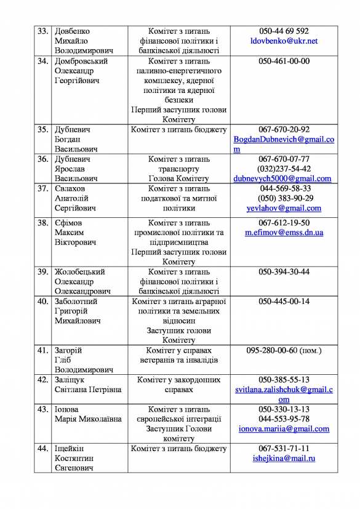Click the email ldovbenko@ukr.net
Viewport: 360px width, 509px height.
click(284, 41)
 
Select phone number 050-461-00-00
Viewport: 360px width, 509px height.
click(284, 61)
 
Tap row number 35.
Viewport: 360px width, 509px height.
click(42, 129)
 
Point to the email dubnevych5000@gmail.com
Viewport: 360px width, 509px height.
click(284, 178)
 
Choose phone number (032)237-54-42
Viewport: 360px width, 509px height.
click(284, 169)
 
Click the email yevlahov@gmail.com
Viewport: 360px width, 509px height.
click(284, 208)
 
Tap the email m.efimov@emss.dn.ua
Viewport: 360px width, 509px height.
click(284, 233)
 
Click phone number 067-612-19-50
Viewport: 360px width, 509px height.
click(284, 223)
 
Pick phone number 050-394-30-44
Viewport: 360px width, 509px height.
click(284, 271)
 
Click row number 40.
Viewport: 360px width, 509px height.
click(42, 301)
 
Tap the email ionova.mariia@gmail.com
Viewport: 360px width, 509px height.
click(284, 429)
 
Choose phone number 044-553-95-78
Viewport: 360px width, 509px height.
click(284, 419)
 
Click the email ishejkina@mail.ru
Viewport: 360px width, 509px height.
click(284, 459)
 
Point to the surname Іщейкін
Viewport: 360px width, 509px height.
click(70, 449)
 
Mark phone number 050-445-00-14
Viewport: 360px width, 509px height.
click(284, 301)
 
